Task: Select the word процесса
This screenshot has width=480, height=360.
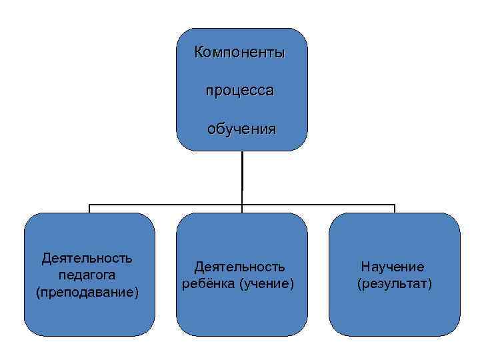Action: pos(239,91)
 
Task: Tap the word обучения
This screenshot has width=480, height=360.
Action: pos(241,128)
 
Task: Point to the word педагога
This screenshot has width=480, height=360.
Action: pos(87,275)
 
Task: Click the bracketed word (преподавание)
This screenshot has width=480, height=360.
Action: pos(87,292)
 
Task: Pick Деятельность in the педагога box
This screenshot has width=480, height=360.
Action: pos(87,258)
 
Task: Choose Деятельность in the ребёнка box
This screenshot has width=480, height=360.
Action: pos(239,267)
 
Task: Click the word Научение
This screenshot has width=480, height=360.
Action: pos(393,267)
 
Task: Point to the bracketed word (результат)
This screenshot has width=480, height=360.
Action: pos(395,285)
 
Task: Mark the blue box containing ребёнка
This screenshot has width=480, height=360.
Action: pos(242,313)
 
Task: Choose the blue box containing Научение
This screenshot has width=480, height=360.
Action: pos(395,313)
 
